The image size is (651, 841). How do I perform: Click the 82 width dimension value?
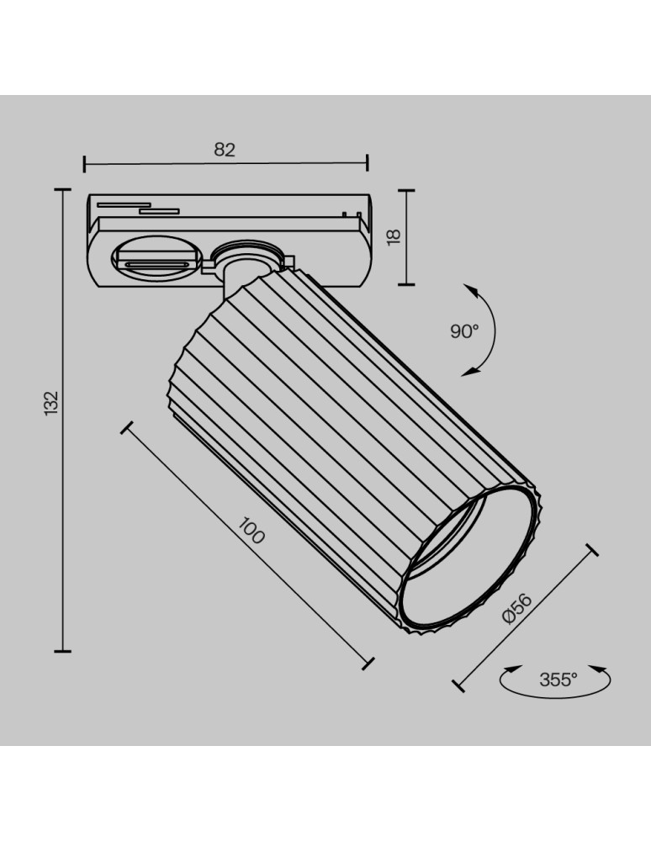(x=225, y=150)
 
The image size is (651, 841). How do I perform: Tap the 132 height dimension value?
(x=52, y=403)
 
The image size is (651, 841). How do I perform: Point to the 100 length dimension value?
(x=251, y=532)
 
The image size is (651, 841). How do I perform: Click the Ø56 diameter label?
(x=516, y=607)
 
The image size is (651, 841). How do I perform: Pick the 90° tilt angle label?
(x=463, y=331)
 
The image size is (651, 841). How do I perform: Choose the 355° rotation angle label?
(x=558, y=680)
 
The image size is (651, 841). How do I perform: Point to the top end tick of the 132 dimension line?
(x=62, y=190)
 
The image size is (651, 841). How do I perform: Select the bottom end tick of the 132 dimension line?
(x=62, y=650)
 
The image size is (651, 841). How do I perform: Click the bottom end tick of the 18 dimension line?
(x=406, y=283)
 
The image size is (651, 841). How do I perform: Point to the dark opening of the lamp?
(x=468, y=563)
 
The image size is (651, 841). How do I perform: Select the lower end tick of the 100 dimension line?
(x=367, y=664)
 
